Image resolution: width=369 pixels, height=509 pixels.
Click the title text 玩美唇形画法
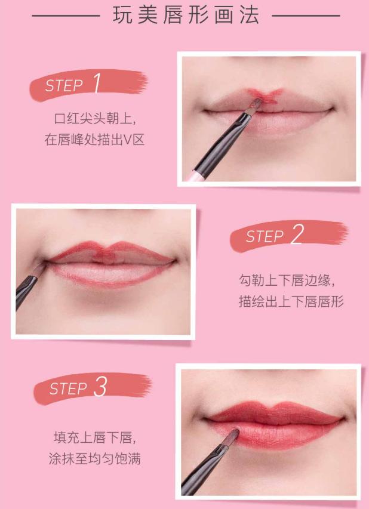point(186,16)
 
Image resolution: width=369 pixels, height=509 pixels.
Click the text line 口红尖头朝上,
point(95,116)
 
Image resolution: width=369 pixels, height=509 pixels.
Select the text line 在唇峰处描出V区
point(95,140)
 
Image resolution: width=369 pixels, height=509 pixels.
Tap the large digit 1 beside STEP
point(97,84)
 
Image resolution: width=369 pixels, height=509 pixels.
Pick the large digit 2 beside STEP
point(297,235)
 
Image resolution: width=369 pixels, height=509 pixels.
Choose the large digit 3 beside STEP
point(100,387)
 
